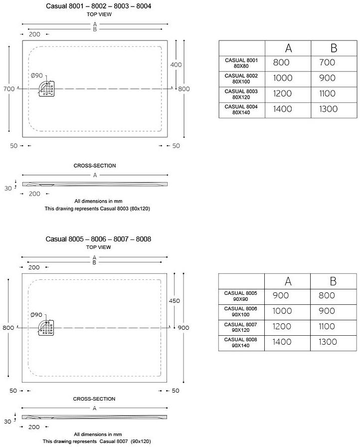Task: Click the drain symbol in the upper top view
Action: (48, 88)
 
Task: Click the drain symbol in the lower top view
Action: (47, 328)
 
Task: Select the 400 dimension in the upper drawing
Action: (176, 65)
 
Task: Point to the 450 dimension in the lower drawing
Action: (175, 301)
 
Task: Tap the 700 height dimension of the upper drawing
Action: (8, 88)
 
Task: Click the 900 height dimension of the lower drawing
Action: (184, 327)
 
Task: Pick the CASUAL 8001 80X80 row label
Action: (241, 63)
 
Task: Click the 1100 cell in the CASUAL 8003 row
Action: (327, 94)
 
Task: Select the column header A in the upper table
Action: (288, 48)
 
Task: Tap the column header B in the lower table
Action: (333, 281)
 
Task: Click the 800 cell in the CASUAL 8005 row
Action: (327, 296)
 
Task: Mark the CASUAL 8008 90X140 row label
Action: (241, 342)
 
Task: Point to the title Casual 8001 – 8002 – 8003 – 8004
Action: (98, 6)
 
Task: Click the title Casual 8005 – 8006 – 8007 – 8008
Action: (98, 239)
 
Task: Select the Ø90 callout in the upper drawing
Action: (36, 75)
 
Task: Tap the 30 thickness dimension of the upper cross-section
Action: (8, 188)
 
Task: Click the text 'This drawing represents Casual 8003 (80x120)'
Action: (97, 209)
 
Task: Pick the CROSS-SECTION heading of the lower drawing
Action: (94, 399)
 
